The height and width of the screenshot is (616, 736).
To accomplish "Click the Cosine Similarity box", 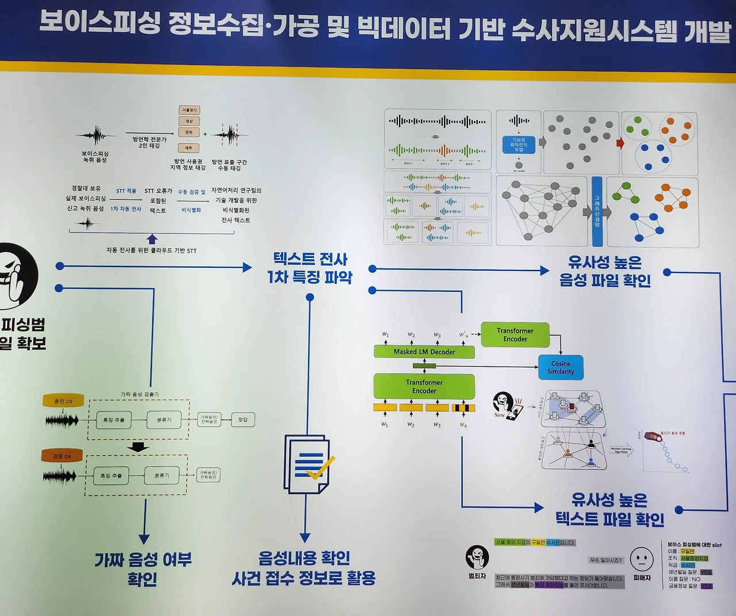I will tap(561, 368).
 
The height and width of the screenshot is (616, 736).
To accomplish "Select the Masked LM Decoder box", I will tap(424, 352).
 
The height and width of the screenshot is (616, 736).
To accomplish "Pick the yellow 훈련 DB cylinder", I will tap(63, 401).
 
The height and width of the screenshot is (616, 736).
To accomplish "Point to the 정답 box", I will tap(243, 419).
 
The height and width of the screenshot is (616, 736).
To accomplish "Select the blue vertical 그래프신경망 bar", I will tap(597, 211).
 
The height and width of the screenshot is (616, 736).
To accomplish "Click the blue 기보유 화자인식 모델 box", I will tap(519, 144).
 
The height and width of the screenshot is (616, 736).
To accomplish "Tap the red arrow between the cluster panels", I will tap(620, 143).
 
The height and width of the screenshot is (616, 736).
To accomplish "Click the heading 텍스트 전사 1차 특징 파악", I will tap(310, 268).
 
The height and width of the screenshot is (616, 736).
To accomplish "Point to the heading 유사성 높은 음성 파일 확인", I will tap(605, 271).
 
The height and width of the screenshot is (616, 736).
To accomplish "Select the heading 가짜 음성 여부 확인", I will tap(143, 569).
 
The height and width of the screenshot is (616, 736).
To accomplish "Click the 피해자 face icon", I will tap(642, 558).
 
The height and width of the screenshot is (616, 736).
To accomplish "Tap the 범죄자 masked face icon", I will tap(477, 556).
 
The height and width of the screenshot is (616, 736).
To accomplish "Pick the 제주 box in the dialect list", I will tap(189, 148).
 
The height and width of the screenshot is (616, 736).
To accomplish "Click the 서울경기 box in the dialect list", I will tap(189, 110).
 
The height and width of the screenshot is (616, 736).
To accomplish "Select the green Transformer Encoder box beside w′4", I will tap(515, 334).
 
